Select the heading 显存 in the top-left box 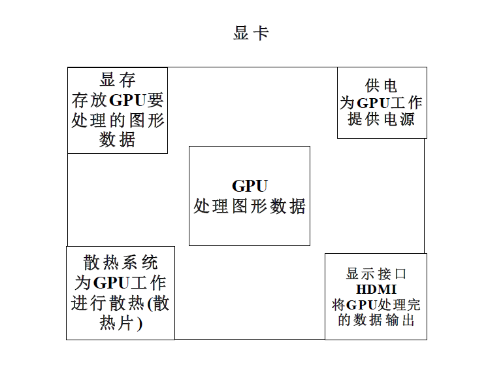coord(118,80)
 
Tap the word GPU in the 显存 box coord(128,101)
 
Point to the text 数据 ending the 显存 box coord(118,140)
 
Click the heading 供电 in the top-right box coord(382,86)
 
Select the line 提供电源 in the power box coord(382,120)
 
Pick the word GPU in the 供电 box coord(373,103)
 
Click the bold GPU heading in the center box coord(250,186)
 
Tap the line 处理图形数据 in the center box coord(250,207)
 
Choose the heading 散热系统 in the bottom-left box coord(121,263)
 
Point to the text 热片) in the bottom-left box coord(121,324)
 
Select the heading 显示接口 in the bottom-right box coord(376,274)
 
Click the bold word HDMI coord(376,289)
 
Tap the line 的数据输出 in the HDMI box coord(376,320)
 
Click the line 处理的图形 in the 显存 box coord(118,120)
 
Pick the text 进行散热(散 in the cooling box coord(121,304)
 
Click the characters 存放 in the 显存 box coord(89,101)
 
